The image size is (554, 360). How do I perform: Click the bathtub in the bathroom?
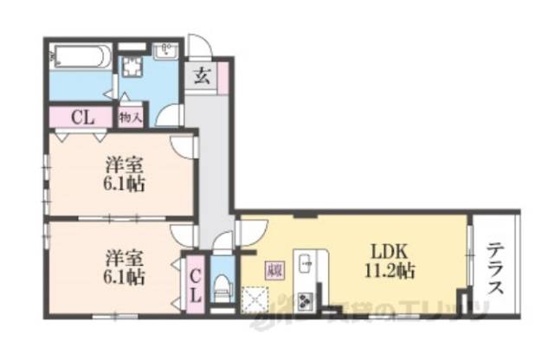pos(78,59)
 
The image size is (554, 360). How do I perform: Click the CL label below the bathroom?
pos(84,115)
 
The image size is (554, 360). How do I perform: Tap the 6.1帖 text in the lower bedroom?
pos(123,278)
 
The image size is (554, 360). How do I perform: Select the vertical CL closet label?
pos(195,284)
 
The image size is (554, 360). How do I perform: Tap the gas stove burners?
pos(306,300)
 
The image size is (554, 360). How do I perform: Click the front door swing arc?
pos(198,45)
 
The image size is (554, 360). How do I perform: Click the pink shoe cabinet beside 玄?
pos(222,78)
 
